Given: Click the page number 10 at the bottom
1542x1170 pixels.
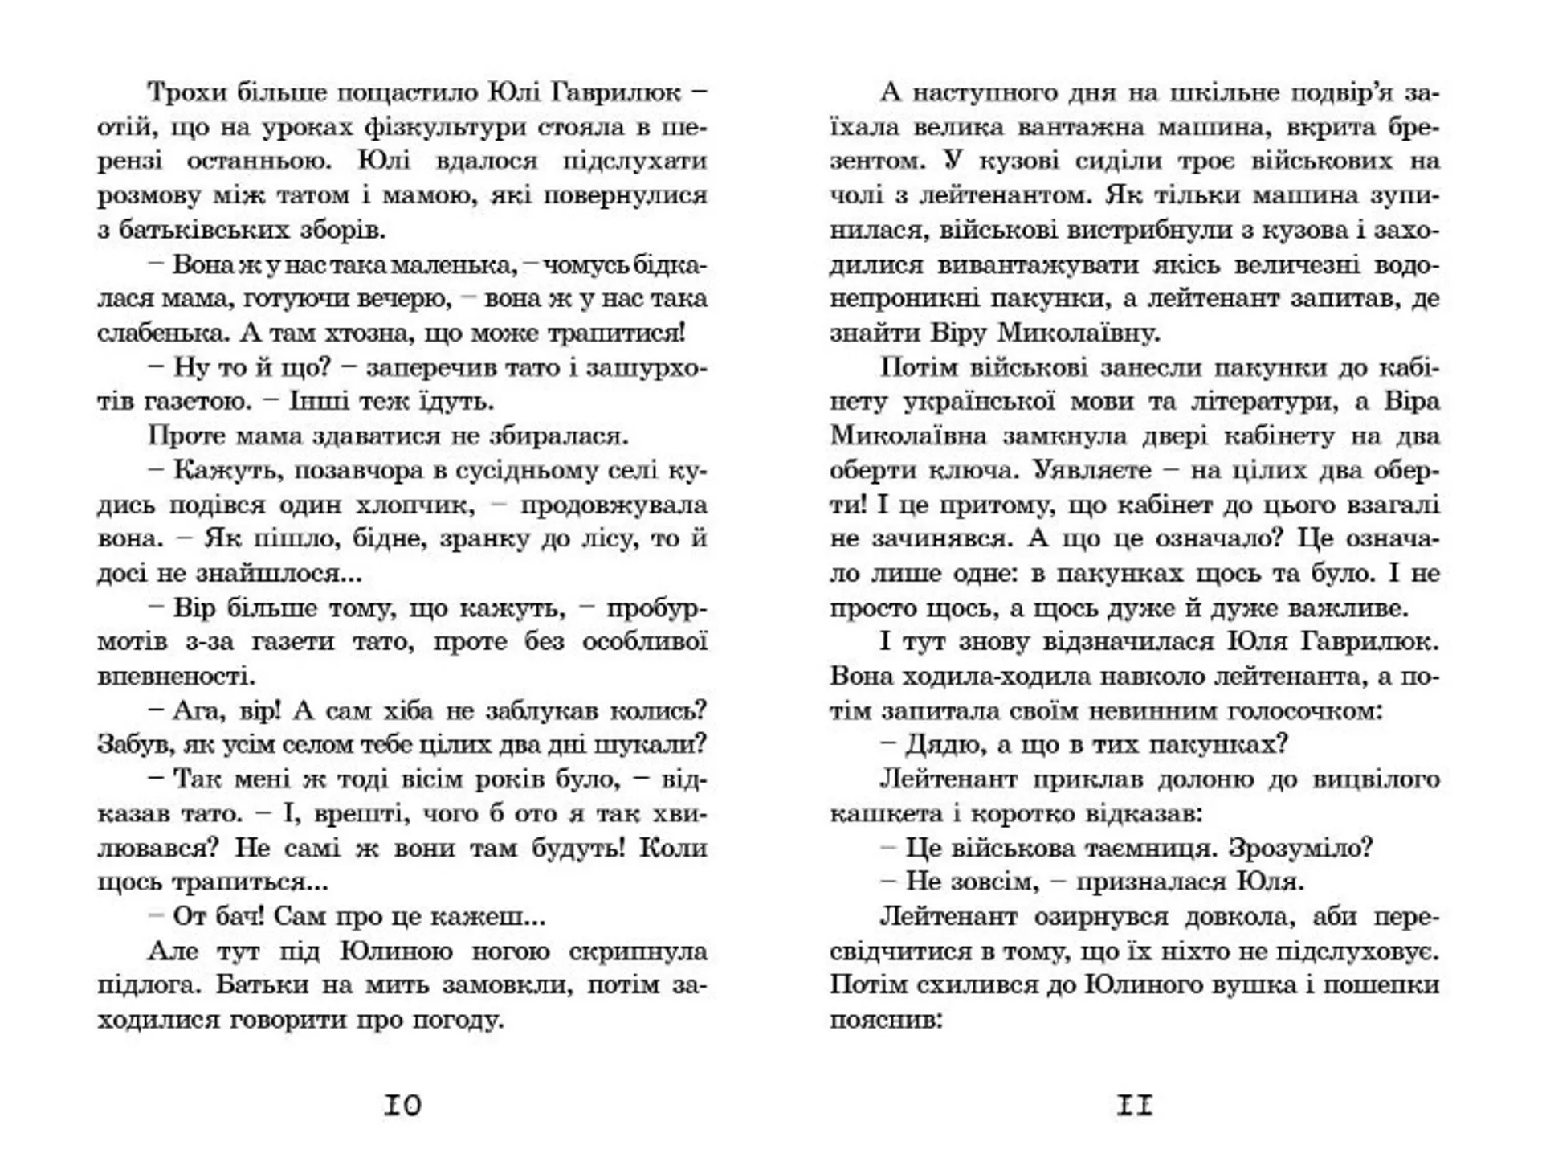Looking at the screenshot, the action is [x=402, y=1107].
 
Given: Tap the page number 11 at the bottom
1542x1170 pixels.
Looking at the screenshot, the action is [x=1135, y=1107].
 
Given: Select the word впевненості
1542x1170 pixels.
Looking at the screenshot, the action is [x=177, y=676].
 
